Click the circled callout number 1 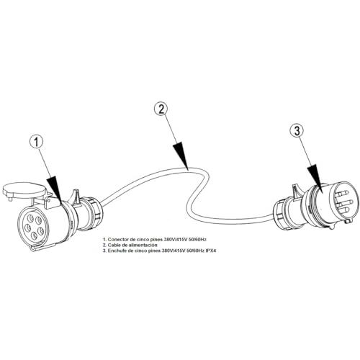(37, 142)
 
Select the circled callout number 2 (161, 109)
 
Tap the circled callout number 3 (297, 131)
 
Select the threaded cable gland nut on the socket (96, 215)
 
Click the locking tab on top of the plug (295, 191)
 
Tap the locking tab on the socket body (76, 197)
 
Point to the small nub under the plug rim (333, 227)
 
